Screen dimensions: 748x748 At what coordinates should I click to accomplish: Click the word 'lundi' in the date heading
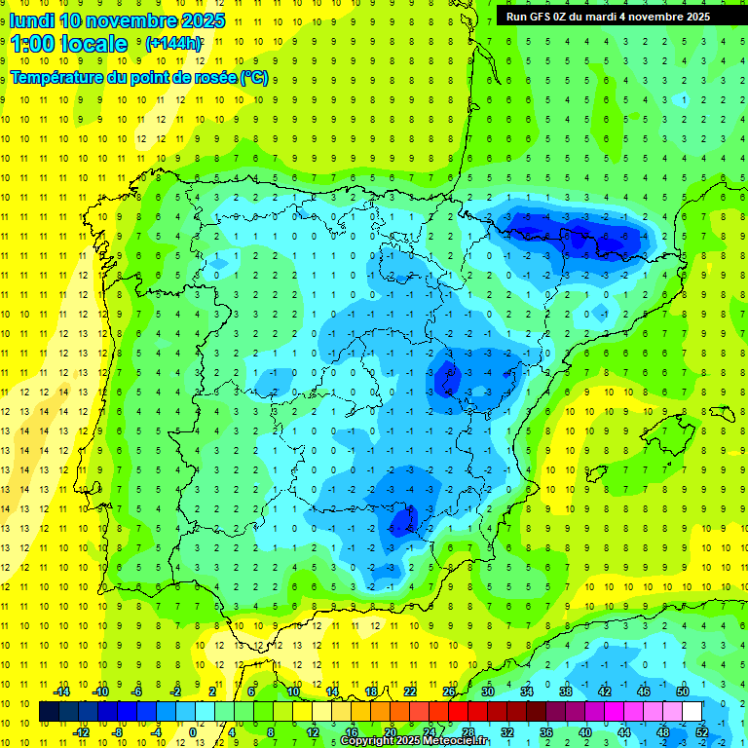click(32, 20)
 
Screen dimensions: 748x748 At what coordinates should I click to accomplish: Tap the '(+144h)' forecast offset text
click(173, 44)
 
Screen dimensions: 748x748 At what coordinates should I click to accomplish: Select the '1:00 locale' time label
click(69, 44)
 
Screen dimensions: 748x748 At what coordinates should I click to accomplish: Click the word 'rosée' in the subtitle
click(209, 78)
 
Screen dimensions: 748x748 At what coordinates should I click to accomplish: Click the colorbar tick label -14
click(62, 692)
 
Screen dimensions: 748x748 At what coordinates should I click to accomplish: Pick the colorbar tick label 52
click(701, 732)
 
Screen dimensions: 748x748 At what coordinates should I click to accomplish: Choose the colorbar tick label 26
click(449, 692)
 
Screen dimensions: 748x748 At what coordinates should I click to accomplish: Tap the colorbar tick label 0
click(193, 732)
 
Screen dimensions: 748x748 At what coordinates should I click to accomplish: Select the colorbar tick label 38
click(566, 692)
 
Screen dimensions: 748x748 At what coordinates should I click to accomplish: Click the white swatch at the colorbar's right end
click(692, 712)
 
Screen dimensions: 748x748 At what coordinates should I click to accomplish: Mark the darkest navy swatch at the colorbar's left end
click(49, 712)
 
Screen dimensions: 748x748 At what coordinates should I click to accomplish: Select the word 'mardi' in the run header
click(601, 17)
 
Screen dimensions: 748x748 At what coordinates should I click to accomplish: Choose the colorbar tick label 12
click(313, 732)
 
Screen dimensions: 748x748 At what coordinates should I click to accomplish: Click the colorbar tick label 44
click(624, 732)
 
